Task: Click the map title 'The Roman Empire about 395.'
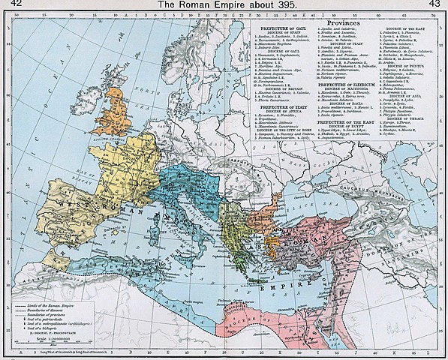[x=224, y=5]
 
